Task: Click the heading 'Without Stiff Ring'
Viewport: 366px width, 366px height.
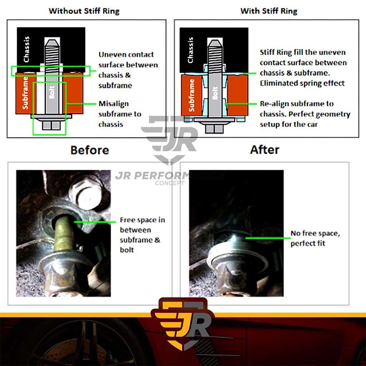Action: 84,11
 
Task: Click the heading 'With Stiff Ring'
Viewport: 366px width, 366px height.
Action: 269,11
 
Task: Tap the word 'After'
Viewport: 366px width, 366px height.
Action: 265,149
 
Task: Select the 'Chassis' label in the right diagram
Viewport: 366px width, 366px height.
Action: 191,50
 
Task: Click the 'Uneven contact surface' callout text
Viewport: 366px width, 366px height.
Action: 128,70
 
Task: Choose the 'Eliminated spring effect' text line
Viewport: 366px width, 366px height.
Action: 302,83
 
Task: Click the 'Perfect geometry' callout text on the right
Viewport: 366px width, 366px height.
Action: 305,114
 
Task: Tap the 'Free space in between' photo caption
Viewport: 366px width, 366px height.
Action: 142,234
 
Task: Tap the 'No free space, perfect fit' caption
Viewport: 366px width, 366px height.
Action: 315,238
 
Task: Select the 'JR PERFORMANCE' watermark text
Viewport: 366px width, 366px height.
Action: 169,175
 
